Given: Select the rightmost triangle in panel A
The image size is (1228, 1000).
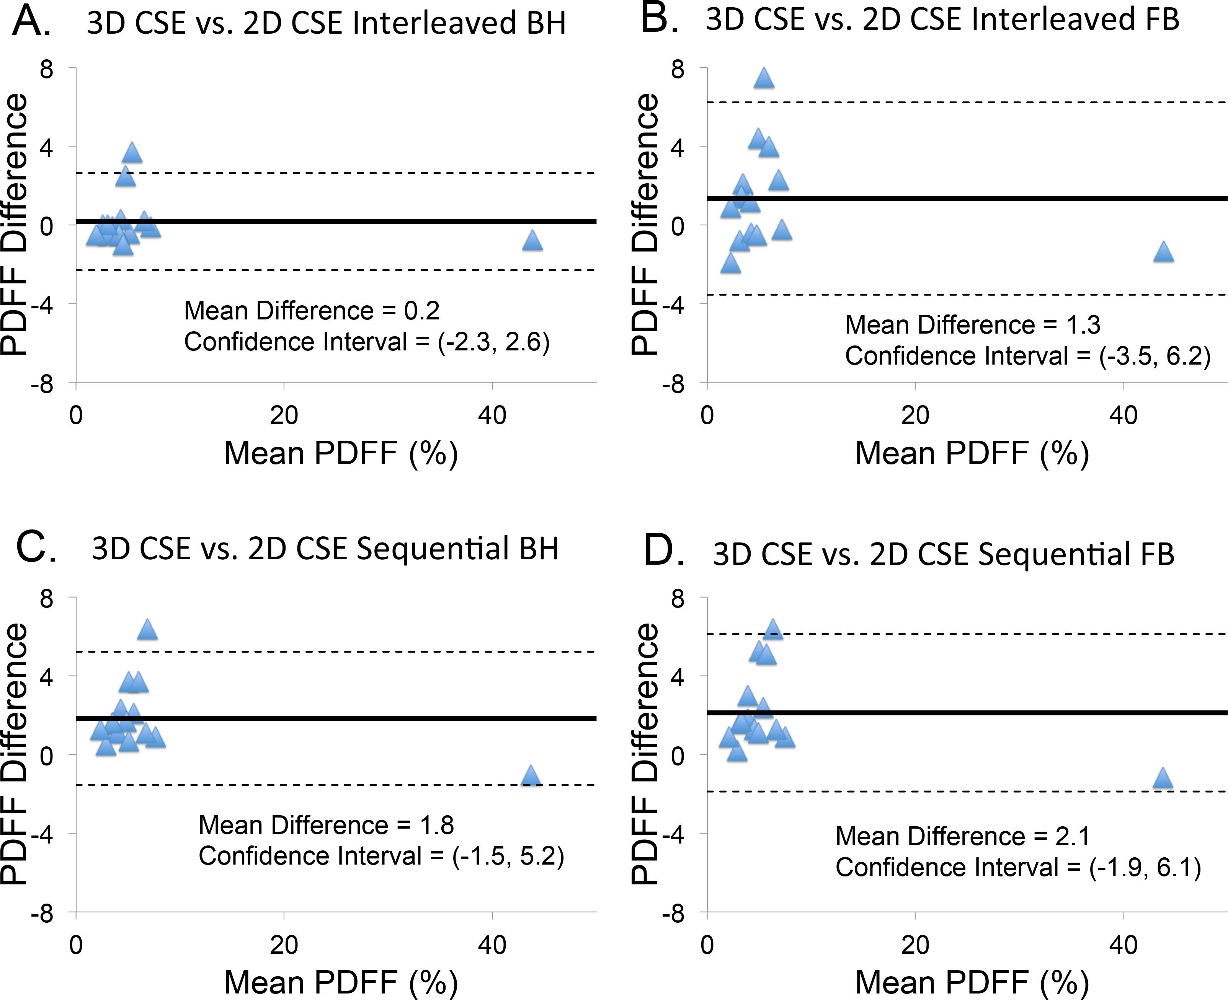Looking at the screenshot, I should pos(532,241).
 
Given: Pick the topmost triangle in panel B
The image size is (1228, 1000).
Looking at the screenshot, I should pos(764,78).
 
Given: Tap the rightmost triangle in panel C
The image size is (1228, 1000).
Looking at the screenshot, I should pos(530,777).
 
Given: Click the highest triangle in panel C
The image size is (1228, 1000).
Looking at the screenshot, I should pos(147,630).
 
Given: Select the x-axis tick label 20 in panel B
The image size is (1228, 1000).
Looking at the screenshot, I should pos(915,416).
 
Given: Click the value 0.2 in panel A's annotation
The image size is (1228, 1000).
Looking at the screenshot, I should pos(422,311).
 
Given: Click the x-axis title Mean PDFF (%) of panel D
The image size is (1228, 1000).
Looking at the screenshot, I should pos(972,982).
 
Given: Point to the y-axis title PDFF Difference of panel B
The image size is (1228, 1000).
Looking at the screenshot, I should pos(645,225).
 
